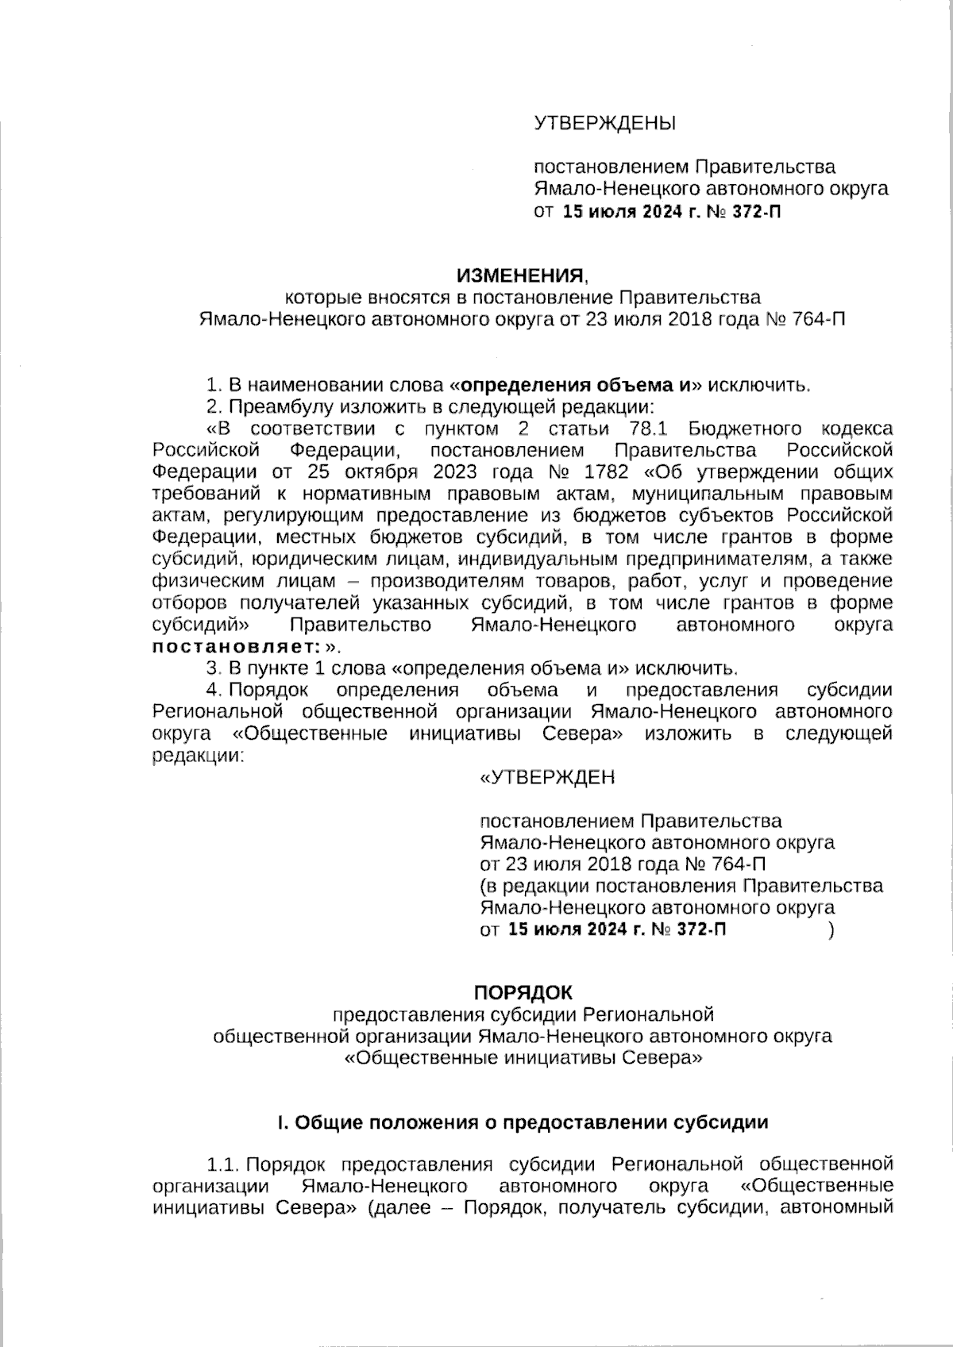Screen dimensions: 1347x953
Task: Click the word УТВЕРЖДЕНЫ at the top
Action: [x=604, y=123]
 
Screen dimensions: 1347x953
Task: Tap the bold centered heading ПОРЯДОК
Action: [x=523, y=992]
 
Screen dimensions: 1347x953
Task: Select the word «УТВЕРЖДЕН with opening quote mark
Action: [x=547, y=777]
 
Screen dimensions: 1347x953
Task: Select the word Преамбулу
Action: [x=281, y=408]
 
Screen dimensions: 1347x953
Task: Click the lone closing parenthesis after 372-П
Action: [x=831, y=930]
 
